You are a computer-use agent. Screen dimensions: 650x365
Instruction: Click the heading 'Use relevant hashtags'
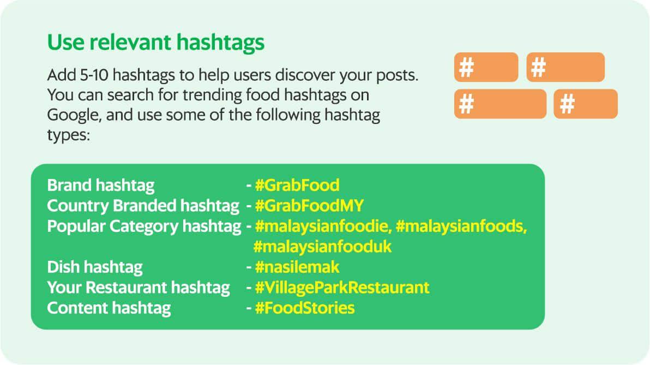[156, 43]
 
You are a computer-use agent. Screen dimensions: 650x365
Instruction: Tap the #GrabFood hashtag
[297, 185]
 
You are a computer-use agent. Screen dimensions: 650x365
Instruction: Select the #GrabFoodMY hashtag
[309, 205]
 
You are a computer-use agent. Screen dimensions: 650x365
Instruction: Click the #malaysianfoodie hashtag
[323, 226]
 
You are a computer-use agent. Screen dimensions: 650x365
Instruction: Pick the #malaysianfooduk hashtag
[322, 247]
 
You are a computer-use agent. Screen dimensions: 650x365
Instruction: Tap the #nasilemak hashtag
[297, 267]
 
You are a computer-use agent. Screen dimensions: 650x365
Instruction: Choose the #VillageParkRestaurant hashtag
[342, 288]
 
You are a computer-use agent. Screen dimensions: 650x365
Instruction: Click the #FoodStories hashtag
[305, 308]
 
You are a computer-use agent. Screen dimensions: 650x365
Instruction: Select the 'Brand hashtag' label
[101, 186]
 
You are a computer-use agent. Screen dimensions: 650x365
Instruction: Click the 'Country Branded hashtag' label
[143, 206]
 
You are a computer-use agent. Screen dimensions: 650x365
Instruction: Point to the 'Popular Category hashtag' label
[145, 226]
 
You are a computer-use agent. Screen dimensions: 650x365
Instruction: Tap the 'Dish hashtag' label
[95, 267]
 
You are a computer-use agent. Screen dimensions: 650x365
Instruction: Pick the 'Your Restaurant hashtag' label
[139, 288]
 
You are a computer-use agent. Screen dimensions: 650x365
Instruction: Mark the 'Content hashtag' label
[109, 308]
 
